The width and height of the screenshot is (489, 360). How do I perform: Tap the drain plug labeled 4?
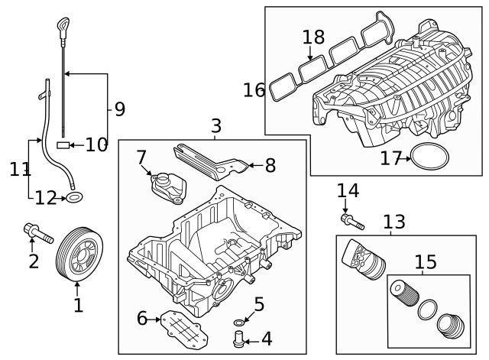tap(238, 337)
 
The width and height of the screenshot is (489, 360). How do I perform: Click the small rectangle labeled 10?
tap(63, 144)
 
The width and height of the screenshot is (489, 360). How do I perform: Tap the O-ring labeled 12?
tap(75, 199)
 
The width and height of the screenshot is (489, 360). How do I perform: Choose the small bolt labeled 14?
tap(352, 221)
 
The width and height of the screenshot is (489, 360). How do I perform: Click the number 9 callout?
tap(119, 109)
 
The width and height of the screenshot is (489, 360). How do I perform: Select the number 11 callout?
tap(20, 168)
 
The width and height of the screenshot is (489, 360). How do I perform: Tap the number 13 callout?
tap(394, 222)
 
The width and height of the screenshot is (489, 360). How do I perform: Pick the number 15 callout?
tap(425, 263)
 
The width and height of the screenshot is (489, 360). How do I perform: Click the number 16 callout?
tap(254, 90)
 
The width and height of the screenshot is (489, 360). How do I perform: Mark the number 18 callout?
tap(313, 36)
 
